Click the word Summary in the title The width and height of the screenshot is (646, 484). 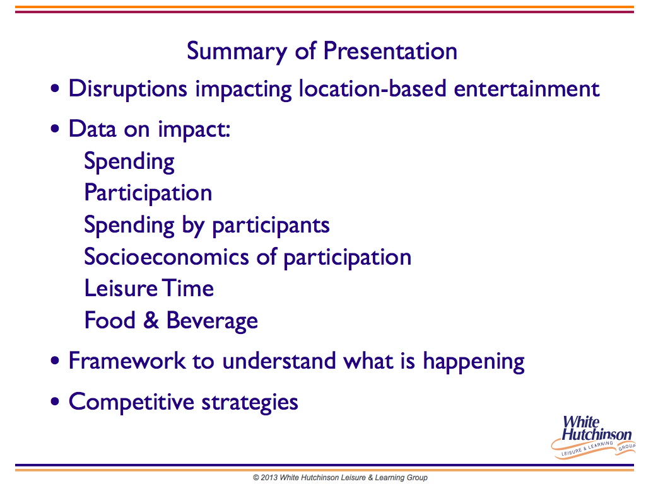pyautogui.click(x=237, y=52)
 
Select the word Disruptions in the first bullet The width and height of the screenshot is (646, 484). pyautogui.click(x=127, y=89)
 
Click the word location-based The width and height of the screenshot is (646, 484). pyautogui.click(x=372, y=88)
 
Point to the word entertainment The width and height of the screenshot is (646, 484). pyautogui.click(x=527, y=89)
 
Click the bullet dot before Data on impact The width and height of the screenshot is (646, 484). pyautogui.click(x=55, y=129)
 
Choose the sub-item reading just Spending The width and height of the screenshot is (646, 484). pyautogui.click(x=129, y=162)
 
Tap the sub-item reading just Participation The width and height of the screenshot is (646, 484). pyautogui.click(x=148, y=193)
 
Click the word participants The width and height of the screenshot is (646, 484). pyautogui.click(x=271, y=226)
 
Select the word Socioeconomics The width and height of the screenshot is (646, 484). pyautogui.click(x=167, y=257)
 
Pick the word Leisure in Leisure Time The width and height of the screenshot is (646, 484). pyautogui.click(x=121, y=288)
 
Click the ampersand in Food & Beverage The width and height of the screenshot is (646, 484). pyautogui.click(x=151, y=320)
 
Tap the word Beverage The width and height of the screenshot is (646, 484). pyautogui.click(x=212, y=321)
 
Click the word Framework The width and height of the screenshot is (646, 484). pyautogui.click(x=127, y=361)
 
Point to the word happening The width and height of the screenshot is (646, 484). pyautogui.click(x=474, y=362)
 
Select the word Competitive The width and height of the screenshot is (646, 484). pyautogui.click(x=131, y=402)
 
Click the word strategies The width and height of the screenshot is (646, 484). pyautogui.click(x=250, y=403)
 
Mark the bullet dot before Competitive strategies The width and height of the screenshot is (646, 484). pyautogui.click(x=55, y=401)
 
